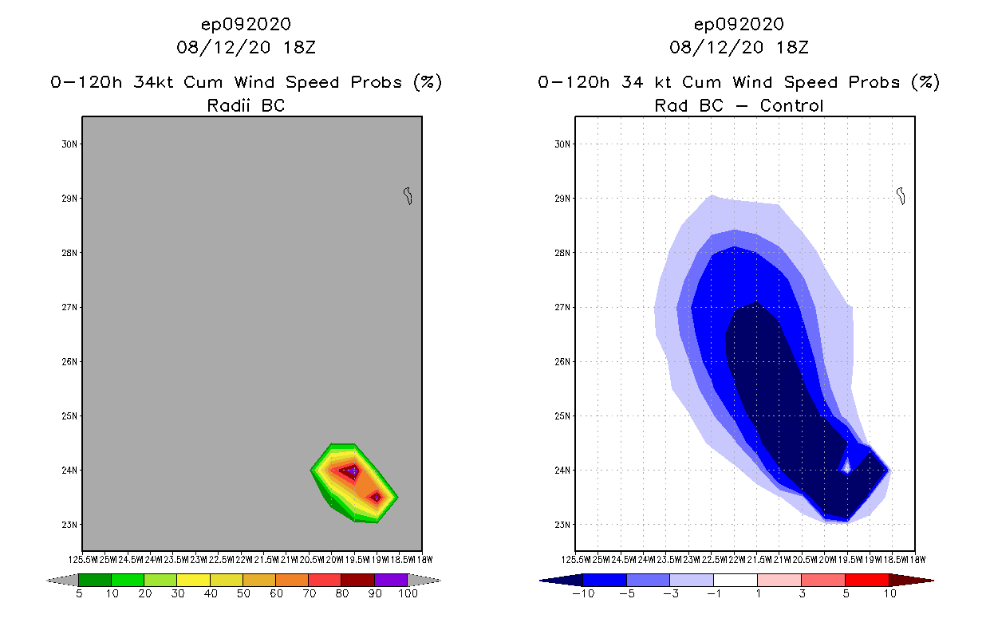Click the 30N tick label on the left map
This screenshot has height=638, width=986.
coord(70,144)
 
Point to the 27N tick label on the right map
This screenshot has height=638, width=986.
coord(563,308)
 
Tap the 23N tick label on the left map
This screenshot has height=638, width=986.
coord(70,525)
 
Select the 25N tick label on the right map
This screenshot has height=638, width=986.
coord(563,416)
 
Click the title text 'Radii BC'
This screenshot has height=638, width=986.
coord(246,105)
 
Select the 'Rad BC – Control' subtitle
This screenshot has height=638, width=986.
coord(739,105)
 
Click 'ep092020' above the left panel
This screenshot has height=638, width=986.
coord(246,24)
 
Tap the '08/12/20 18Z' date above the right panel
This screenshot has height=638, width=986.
coord(739,47)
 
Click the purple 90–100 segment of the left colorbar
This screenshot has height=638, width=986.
coord(391,580)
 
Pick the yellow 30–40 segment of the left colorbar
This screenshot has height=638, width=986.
coord(193,580)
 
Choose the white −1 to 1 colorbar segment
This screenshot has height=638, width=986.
coord(735,580)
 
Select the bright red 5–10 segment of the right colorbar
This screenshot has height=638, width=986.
coord(866,580)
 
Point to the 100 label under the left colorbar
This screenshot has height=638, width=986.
coord(408,594)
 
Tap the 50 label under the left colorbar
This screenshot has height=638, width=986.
coord(243,594)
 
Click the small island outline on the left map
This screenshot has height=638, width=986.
coord(408,195)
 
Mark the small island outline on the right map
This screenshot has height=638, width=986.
coord(901,195)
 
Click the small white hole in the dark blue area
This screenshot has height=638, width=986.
coord(846,469)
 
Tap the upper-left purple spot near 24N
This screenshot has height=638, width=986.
coord(352,471)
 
